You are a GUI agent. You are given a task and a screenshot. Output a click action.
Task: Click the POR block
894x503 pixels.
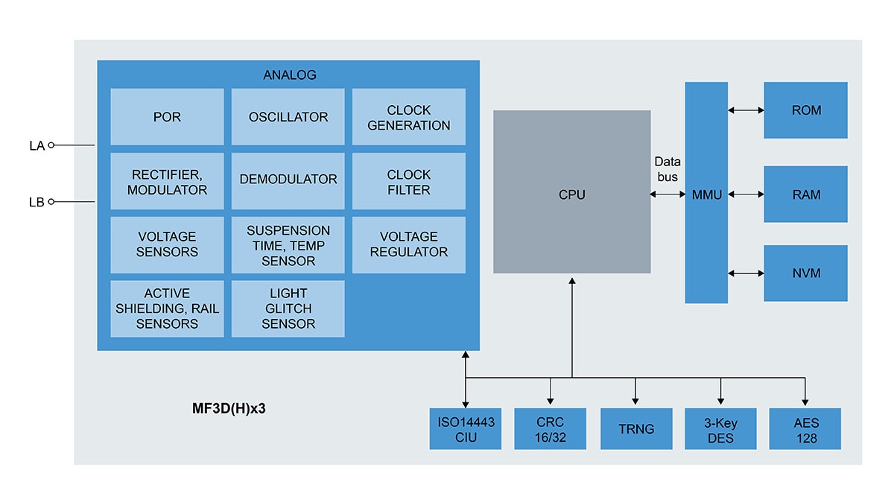pyautogui.click(x=167, y=117)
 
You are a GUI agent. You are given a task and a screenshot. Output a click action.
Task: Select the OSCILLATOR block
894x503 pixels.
pyautogui.click(x=288, y=117)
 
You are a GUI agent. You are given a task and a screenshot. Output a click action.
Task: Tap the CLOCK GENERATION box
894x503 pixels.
pyautogui.click(x=408, y=117)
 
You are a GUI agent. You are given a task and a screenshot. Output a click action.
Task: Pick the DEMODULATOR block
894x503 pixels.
pyautogui.click(x=288, y=180)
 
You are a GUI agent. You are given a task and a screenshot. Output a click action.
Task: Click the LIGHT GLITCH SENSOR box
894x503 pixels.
pyautogui.click(x=288, y=309)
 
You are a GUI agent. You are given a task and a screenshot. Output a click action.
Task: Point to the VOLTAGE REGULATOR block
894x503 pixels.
pyautogui.click(x=408, y=244)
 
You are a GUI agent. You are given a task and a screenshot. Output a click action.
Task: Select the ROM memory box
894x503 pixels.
pyautogui.click(x=805, y=110)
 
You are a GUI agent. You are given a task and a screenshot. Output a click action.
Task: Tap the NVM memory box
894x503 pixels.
pyautogui.click(x=805, y=273)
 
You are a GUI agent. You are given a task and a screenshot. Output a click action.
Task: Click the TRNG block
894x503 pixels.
pyautogui.click(x=635, y=428)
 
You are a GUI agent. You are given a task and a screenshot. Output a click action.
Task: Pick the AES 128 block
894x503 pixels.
pyautogui.click(x=805, y=428)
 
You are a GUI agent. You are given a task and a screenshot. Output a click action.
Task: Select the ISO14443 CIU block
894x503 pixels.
pyautogui.click(x=466, y=428)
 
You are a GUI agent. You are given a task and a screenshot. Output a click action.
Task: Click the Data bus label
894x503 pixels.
pyautogui.click(x=667, y=169)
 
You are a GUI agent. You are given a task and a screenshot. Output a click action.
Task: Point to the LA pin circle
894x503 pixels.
pyautogui.click(x=51, y=146)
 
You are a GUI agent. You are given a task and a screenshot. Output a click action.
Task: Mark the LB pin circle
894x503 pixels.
pyautogui.click(x=51, y=201)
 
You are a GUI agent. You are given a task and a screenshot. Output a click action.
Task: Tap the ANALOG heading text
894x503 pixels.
pyautogui.click(x=289, y=75)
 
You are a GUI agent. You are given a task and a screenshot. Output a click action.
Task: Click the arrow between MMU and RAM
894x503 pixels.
pyautogui.click(x=746, y=194)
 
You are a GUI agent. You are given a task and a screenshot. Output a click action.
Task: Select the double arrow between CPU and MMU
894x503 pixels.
pyautogui.click(x=668, y=194)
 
